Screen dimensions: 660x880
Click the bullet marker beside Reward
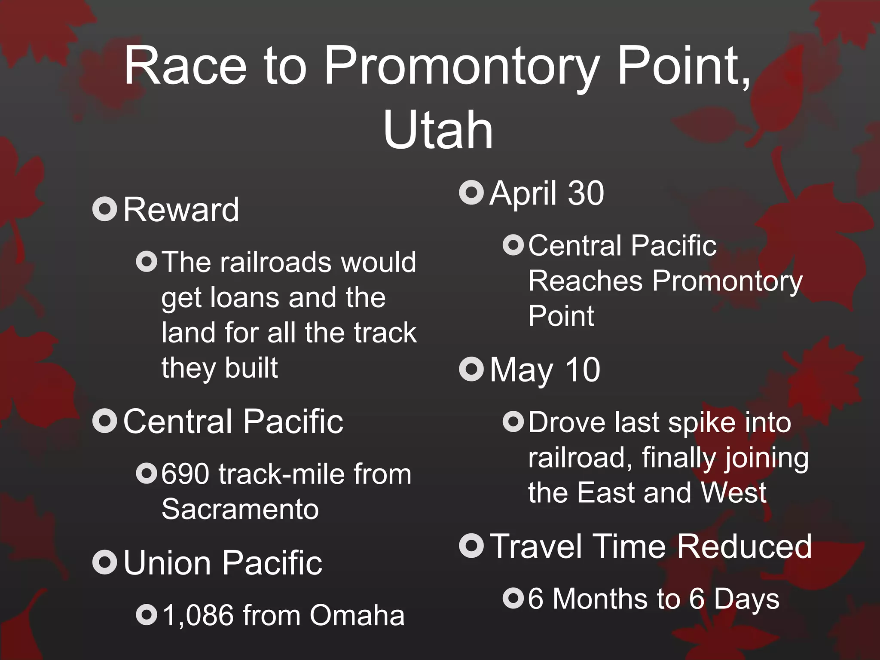[x=104, y=209]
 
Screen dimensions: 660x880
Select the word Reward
[x=181, y=210]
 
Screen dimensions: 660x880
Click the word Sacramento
[x=240, y=509]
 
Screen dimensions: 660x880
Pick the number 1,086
[x=199, y=615]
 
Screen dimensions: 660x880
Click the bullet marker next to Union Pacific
[x=104, y=562]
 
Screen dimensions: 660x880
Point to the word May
[x=521, y=370]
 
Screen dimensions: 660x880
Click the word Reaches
[x=585, y=281]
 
